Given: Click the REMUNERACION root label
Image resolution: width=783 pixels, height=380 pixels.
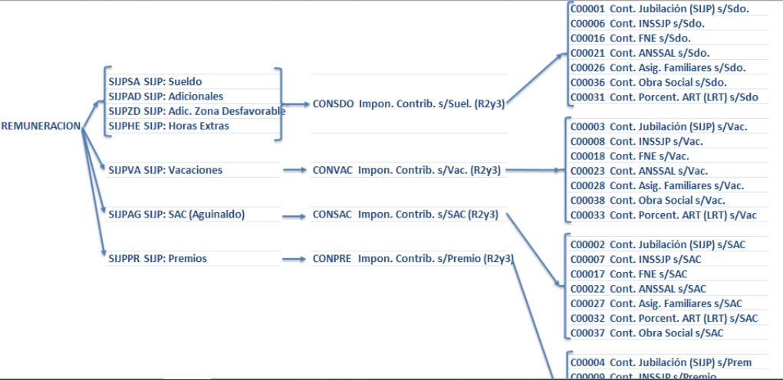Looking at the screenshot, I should (x=41, y=126).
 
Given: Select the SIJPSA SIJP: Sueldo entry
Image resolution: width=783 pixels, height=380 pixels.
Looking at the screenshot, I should (x=155, y=81).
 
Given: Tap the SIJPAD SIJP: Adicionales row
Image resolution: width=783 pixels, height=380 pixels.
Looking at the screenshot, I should (x=166, y=97).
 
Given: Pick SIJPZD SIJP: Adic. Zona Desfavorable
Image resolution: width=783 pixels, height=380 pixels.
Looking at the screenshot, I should (x=196, y=111).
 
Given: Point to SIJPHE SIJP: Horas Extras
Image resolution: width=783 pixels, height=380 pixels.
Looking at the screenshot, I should (x=169, y=126).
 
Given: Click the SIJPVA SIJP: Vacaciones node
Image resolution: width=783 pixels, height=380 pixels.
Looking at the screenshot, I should (x=166, y=170).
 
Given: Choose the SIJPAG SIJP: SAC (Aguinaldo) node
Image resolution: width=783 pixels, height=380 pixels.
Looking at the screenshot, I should (x=176, y=215).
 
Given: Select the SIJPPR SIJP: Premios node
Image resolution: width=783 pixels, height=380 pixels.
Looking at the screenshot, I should (x=158, y=259).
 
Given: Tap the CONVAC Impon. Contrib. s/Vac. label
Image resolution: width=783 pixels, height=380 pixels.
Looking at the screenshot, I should (x=406, y=170).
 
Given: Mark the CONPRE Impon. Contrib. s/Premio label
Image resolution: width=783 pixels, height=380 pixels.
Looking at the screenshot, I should (x=413, y=259).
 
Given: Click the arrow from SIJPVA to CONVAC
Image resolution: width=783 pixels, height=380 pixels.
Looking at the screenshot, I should (x=294, y=170).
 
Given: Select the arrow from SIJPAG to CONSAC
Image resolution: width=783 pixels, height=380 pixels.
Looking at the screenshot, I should (x=294, y=215).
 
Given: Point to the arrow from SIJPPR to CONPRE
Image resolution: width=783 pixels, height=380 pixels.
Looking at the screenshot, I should (x=294, y=260).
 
